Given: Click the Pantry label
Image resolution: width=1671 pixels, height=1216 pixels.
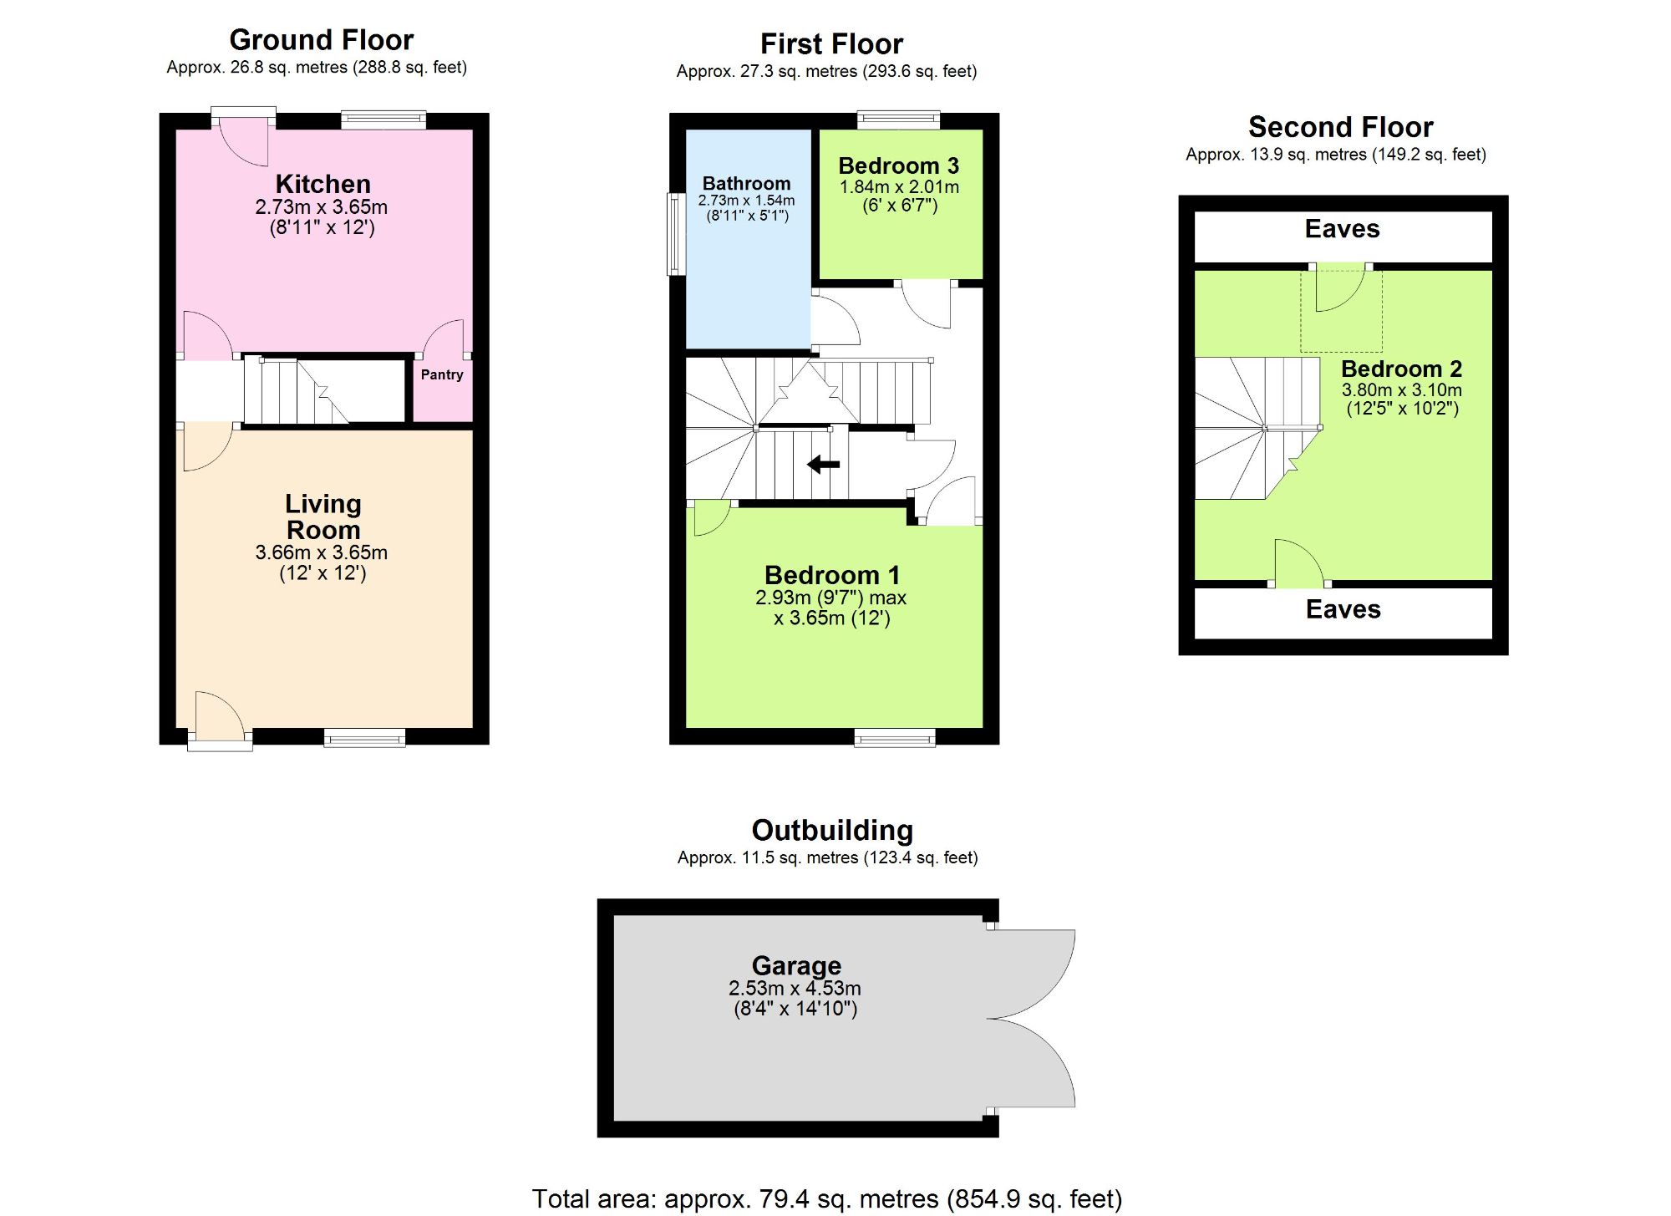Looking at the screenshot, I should [442, 374].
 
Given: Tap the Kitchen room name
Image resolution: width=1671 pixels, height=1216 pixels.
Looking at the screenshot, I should [323, 184].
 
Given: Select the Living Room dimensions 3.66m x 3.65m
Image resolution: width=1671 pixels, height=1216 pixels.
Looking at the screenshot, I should [322, 552].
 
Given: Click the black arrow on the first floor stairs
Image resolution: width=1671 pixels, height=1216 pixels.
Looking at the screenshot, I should [824, 464].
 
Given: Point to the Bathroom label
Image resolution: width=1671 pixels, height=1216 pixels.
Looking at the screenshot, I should [746, 183].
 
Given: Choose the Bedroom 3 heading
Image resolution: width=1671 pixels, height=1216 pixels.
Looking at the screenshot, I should [899, 165].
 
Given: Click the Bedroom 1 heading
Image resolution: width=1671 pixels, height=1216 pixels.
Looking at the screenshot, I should [831, 575].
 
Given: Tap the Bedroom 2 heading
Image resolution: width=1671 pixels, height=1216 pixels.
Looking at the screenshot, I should [1401, 369].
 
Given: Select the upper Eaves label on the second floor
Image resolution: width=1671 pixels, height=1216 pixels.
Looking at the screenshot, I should [1342, 229].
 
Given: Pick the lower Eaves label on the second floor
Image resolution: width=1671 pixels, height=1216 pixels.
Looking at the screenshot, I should [1343, 609].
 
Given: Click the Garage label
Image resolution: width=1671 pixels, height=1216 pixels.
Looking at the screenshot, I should [796, 965].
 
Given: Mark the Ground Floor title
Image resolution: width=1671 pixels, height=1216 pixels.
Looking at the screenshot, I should [322, 40].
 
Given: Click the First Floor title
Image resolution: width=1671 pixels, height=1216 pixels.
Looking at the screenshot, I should [831, 43].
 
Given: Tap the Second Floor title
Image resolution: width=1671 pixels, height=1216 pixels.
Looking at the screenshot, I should [1340, 127].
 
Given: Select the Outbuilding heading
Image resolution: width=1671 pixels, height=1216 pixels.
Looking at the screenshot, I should [832, 830].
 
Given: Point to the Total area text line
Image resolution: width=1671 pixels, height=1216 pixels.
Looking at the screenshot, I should [827, 1198].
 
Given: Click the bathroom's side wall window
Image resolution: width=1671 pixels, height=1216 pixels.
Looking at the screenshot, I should [676, 234].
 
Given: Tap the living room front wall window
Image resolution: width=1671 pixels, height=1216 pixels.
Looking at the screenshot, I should [364, 737].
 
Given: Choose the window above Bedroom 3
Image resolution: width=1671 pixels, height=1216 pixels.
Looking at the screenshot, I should [899, 120].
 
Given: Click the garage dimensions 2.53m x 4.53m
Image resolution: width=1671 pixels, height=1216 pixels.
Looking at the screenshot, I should [795, 988].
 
